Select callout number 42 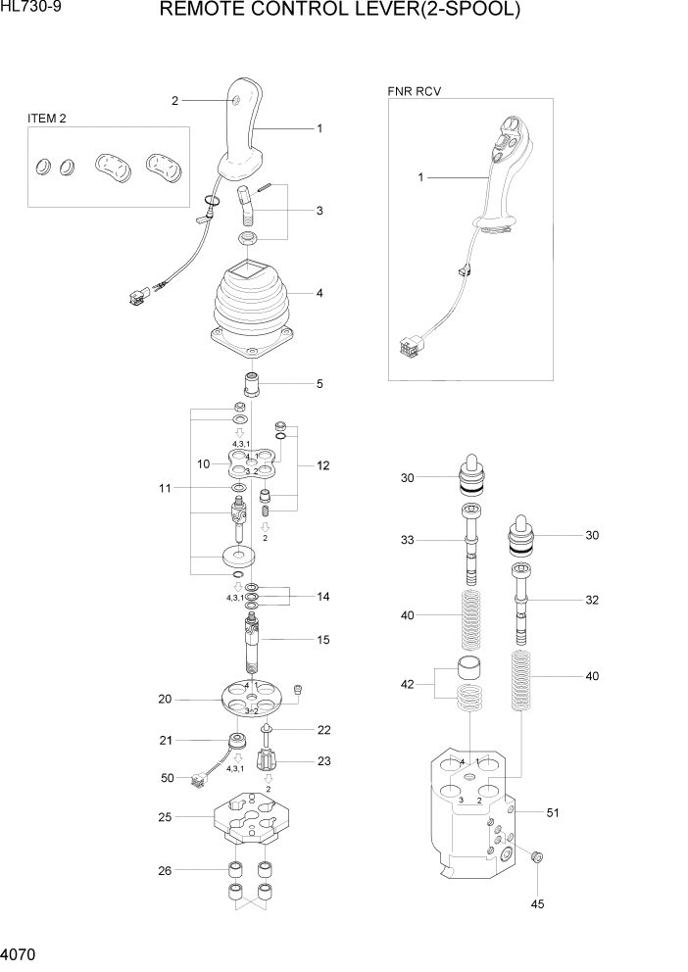pos(407,686)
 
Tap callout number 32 pos(591,600)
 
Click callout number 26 pos(165,869)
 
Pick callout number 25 pos(165,815)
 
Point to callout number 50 pos(166,778)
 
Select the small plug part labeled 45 pos(536,858)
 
